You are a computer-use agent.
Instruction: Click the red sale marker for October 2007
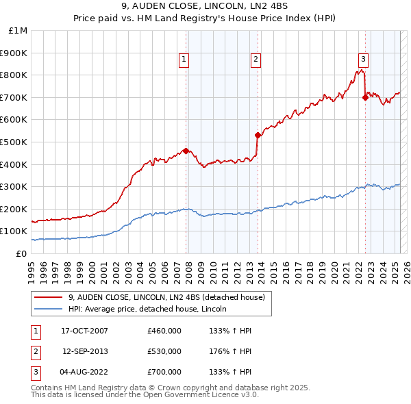coord(186,151)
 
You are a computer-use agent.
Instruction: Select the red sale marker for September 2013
coord(258,135)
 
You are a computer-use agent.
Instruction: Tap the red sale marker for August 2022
coord(365,97)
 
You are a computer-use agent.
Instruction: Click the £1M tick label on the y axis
coord(18,30)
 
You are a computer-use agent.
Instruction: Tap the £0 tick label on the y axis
coord(21,253)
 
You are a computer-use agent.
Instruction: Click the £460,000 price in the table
coord(164,331)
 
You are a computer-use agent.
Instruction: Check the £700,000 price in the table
coord(164,372)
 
